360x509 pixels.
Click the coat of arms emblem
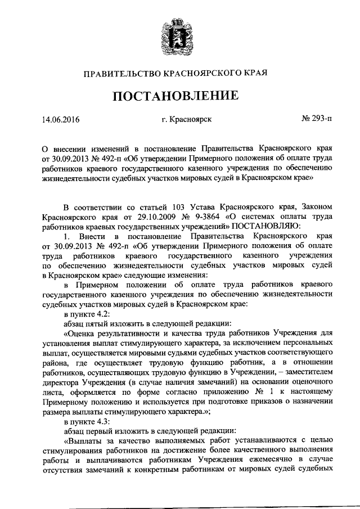click(179, 35)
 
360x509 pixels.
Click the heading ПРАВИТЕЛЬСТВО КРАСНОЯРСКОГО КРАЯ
click(179, 73)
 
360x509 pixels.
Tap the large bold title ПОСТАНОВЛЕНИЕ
click(180, 96)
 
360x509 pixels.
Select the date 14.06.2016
click(61, 120)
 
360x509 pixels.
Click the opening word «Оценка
click(83, 334)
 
